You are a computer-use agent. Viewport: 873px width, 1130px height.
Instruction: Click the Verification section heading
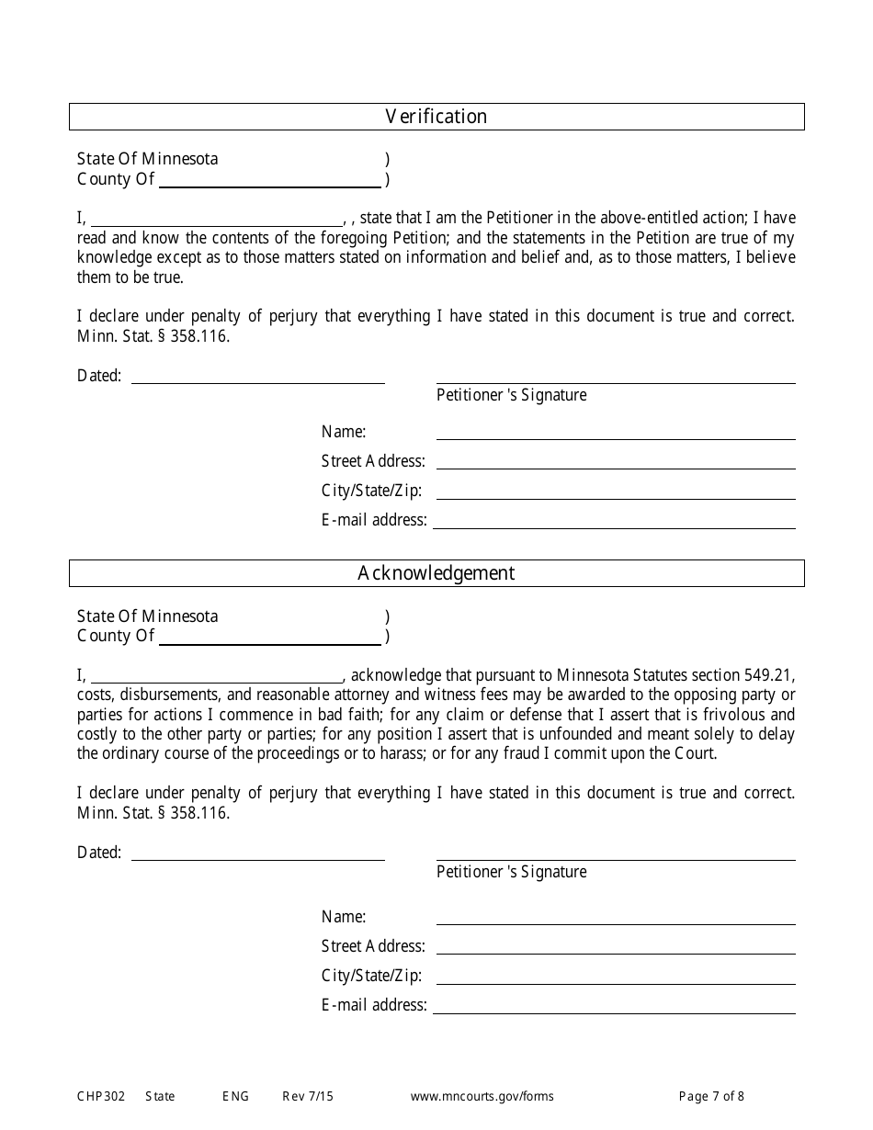click(436, 117)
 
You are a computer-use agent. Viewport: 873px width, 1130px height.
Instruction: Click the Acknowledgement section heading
click(436, 573)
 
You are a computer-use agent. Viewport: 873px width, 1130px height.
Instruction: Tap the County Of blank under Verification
click(270, 180)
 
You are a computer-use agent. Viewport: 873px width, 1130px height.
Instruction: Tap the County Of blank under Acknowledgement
click(270, 637)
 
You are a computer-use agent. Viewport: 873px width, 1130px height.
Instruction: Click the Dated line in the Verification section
click(258, 377)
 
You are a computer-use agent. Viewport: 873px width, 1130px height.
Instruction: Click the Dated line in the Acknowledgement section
click(258, 853)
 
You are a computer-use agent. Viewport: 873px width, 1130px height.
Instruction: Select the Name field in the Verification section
click(616, 433)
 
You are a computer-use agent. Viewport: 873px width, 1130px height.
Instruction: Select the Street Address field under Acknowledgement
click(616, 947)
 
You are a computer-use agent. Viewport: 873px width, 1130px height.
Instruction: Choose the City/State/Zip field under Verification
click(616, 492)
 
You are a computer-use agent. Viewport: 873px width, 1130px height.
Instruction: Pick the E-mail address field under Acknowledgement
click(614, 1006)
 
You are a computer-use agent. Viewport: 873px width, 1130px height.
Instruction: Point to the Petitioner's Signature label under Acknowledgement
click(511, 872)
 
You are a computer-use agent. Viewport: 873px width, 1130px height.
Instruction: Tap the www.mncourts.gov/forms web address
click(482, 1096)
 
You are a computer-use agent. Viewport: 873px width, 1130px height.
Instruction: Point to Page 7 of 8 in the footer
click(711, 1096)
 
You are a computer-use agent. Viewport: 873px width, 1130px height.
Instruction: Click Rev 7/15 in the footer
click(308, 1096)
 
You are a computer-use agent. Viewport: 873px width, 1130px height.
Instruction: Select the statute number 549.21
click(772, 675)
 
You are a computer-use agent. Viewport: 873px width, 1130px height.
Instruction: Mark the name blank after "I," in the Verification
click(216, 219)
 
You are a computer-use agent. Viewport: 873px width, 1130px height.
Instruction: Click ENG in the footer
click(235, 1096)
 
